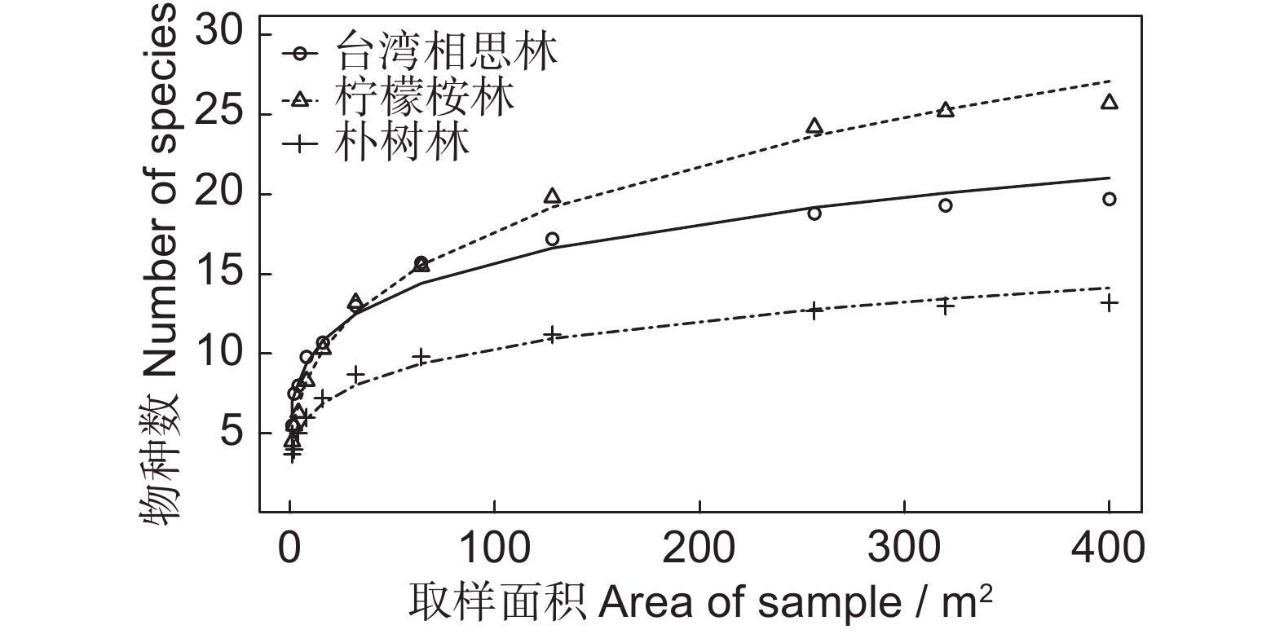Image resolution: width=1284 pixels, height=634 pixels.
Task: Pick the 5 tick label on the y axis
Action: pyautogui.click(x=230, y=433)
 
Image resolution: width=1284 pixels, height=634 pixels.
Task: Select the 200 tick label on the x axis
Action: pyautogui.click(x=699, y=548)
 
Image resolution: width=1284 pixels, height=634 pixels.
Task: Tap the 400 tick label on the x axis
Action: pyautogui.click(x=1109, y=548)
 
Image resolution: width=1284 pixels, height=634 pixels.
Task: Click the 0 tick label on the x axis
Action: pyautogui.click(x=289, y=548)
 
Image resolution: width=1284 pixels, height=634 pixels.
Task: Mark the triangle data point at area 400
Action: pyautogui.click(x=1109, y=102)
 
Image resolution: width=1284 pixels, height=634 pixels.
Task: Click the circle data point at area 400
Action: pyautogui.click(x=1109, y=199)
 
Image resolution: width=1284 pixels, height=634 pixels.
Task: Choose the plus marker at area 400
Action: pyautogui.click(x=1109, y=303)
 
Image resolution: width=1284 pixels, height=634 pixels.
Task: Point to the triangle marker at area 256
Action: pyautogui.click(x=814, y=125)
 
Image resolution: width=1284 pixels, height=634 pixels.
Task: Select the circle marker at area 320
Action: pyautogui.click(x=946, y=205)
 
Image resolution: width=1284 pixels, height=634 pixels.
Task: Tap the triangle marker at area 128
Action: pyautogui.click(x=552, y=196)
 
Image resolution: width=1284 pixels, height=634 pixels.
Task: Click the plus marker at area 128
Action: pyautogui.click(x=552, y=334)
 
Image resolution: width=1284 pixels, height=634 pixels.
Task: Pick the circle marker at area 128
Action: pyautogui.click(x=552, y=239)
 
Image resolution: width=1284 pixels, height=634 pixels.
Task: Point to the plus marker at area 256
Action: pyautogui.click(x=814, y=310)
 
